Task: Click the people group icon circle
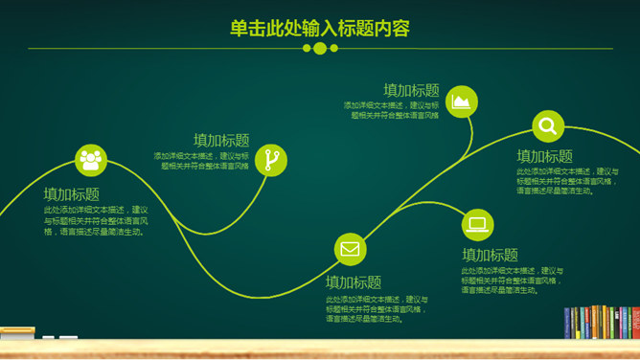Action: [x=91, y=159]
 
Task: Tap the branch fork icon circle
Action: [x=272, y=159]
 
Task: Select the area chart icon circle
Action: [x=462, y=101]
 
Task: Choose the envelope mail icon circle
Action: [x=350, y=250]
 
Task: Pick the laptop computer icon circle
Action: [x=477, y=224]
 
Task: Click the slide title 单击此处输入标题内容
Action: [x=320, y=29]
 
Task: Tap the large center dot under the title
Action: [x=320, y=48]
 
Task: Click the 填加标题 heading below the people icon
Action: [x=71, y=193]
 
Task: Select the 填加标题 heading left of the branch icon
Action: [x=220, y=140]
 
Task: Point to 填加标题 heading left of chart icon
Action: [x=411, y=90]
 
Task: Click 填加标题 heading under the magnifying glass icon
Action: [x=544, y=156]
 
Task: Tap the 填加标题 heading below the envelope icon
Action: [x=353, y=282]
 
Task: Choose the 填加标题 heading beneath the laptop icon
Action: [x=490, y=255]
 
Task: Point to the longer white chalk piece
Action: [x=49, y=337]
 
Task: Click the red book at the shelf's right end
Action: [x=634, y=322]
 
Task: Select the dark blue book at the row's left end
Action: [x=567, y=323]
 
